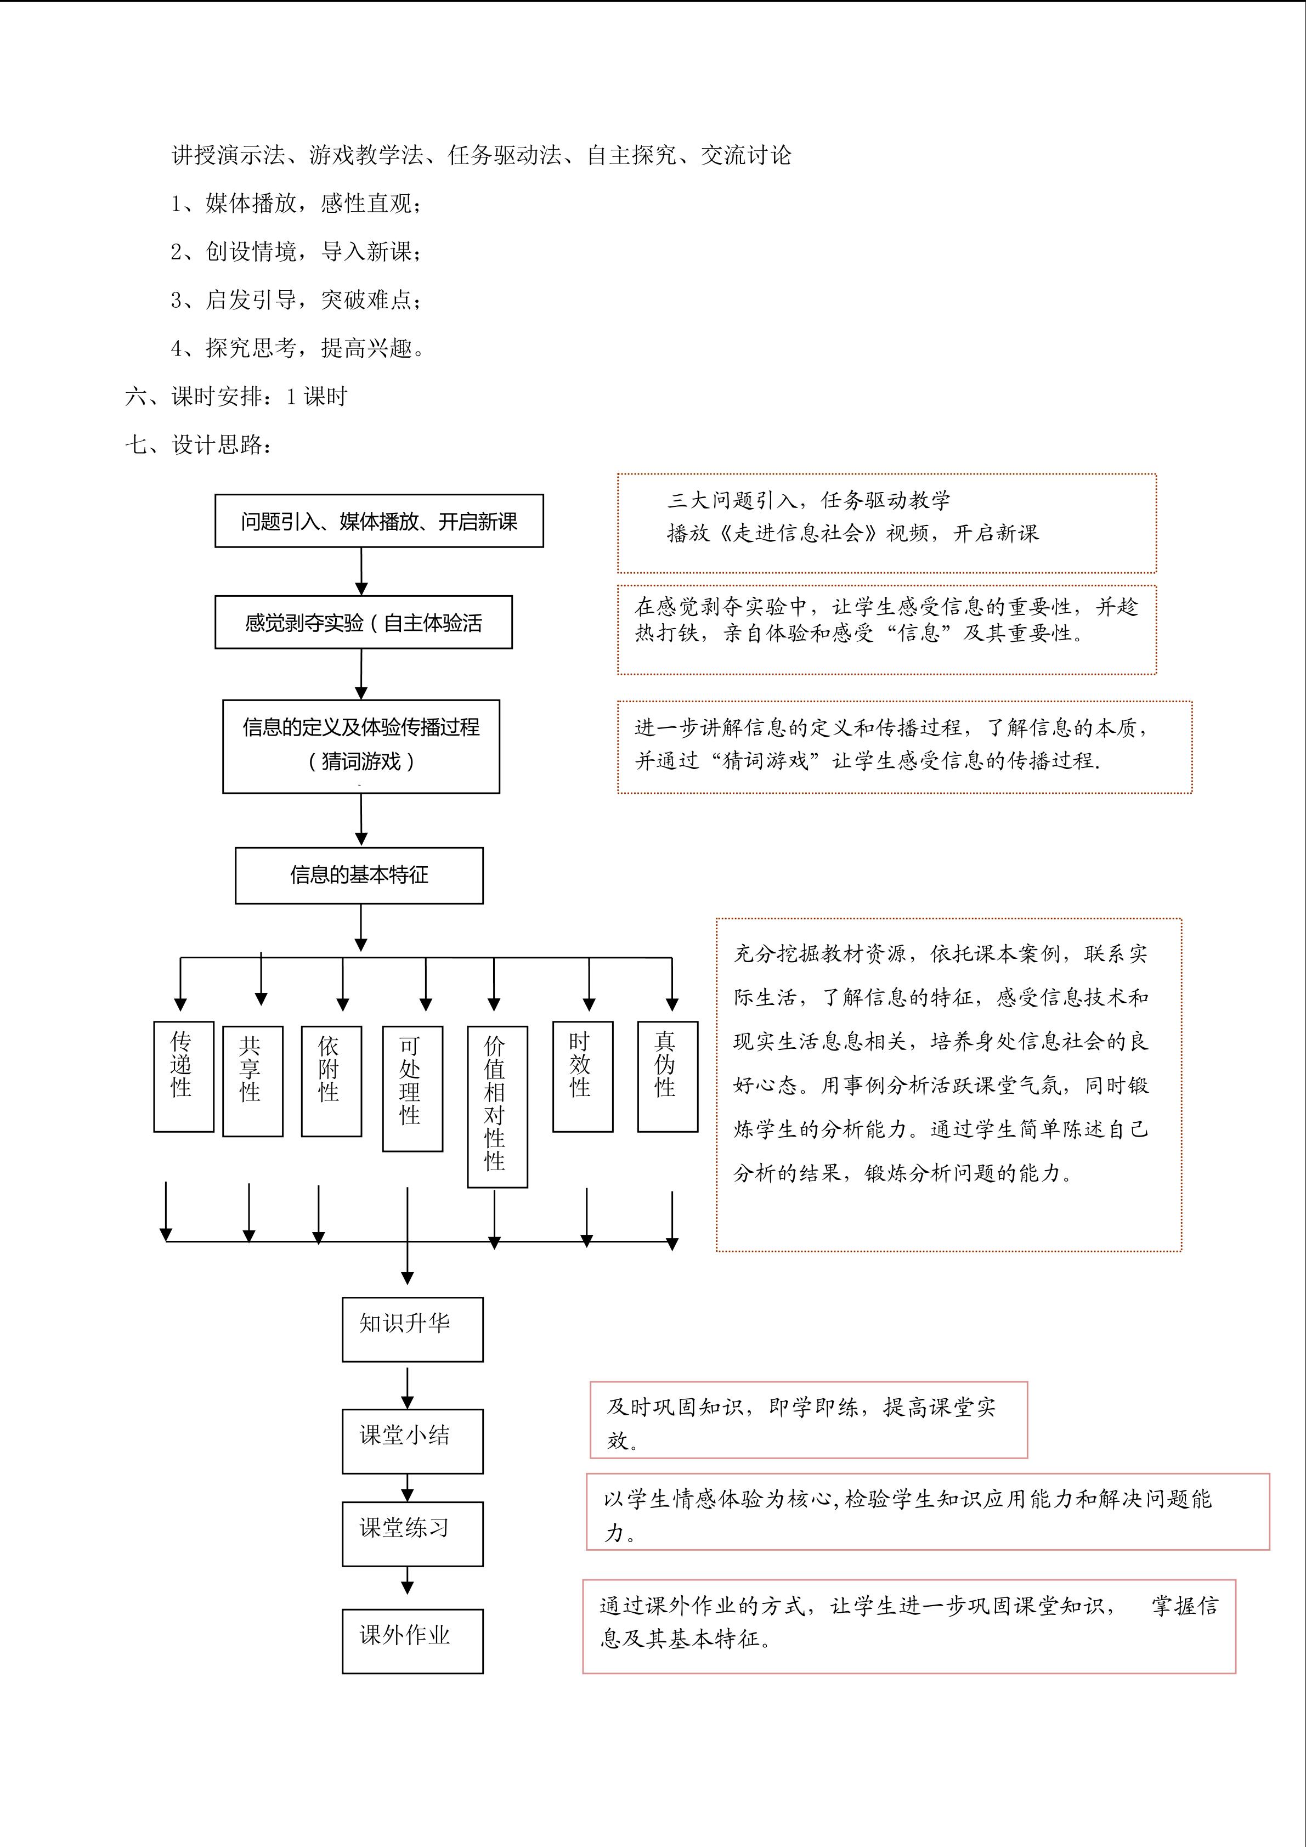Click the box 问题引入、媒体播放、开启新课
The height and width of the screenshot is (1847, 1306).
point(379,521)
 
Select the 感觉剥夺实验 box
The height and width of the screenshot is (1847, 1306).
point(364,622)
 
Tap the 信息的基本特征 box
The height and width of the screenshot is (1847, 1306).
point(359,876)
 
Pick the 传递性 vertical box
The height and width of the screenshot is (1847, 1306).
point(183,1076)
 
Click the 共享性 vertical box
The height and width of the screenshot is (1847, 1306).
point(252,1081)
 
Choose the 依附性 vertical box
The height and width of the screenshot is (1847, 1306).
point(331,1081)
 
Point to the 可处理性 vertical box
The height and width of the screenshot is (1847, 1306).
point(412,1088)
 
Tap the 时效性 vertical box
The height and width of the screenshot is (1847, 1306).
point(583,1076)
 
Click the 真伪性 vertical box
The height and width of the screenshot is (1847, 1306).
point(668,1076)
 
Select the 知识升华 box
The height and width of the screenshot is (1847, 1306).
point(412,1329)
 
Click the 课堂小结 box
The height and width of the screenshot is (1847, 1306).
point(412,1441)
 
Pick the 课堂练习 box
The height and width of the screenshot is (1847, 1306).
point(412,1533)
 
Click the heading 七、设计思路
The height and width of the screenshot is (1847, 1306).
point(199,444)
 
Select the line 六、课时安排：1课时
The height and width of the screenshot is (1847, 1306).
point(236,396)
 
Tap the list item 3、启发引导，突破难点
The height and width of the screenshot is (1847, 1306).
point(297,300)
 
